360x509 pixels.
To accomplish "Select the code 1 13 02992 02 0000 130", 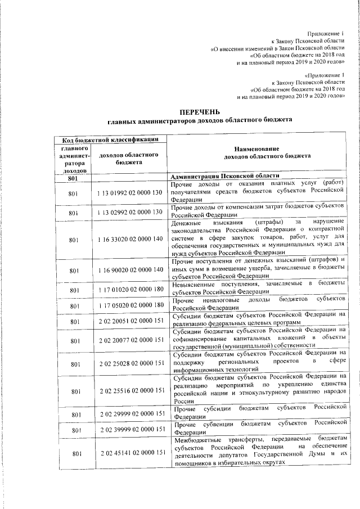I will (129, 213).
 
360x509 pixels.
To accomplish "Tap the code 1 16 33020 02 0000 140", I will (129, 240).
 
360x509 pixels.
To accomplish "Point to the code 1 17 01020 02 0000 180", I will (129, 290).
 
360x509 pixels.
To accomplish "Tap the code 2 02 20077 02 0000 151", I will (129, 341).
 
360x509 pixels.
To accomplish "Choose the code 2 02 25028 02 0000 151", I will (129, 364).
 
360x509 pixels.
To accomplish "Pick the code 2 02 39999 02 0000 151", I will (129, 430).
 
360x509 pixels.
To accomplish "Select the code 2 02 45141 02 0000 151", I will (129, 453).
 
